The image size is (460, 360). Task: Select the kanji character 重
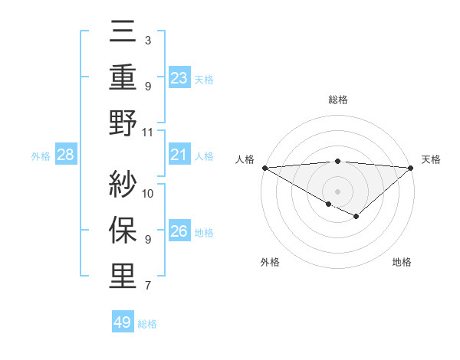[x=123, y=78]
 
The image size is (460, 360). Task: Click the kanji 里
[x=123, y=277]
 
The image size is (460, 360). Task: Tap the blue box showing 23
[x=179, y=77]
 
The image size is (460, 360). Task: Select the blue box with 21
[x=179, y=155]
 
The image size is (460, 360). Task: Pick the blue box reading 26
[x=179, y=232]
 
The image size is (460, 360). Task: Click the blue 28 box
[x=66, y=155]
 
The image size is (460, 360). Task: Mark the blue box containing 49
[x=123, y=322]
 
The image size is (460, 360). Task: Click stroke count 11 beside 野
[x=148, y=132]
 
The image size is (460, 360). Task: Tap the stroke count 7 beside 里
[x=147, y=286]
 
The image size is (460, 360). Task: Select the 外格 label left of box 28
[x=41, y=156]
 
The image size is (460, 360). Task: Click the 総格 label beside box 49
[x=147, y=324]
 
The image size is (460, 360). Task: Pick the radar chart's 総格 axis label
[x=337, y=100]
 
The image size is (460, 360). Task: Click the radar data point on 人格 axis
[x=264, y=167]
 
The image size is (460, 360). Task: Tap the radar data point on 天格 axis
[x=411, y=167]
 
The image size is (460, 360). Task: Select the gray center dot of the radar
[x=337, y=190]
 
